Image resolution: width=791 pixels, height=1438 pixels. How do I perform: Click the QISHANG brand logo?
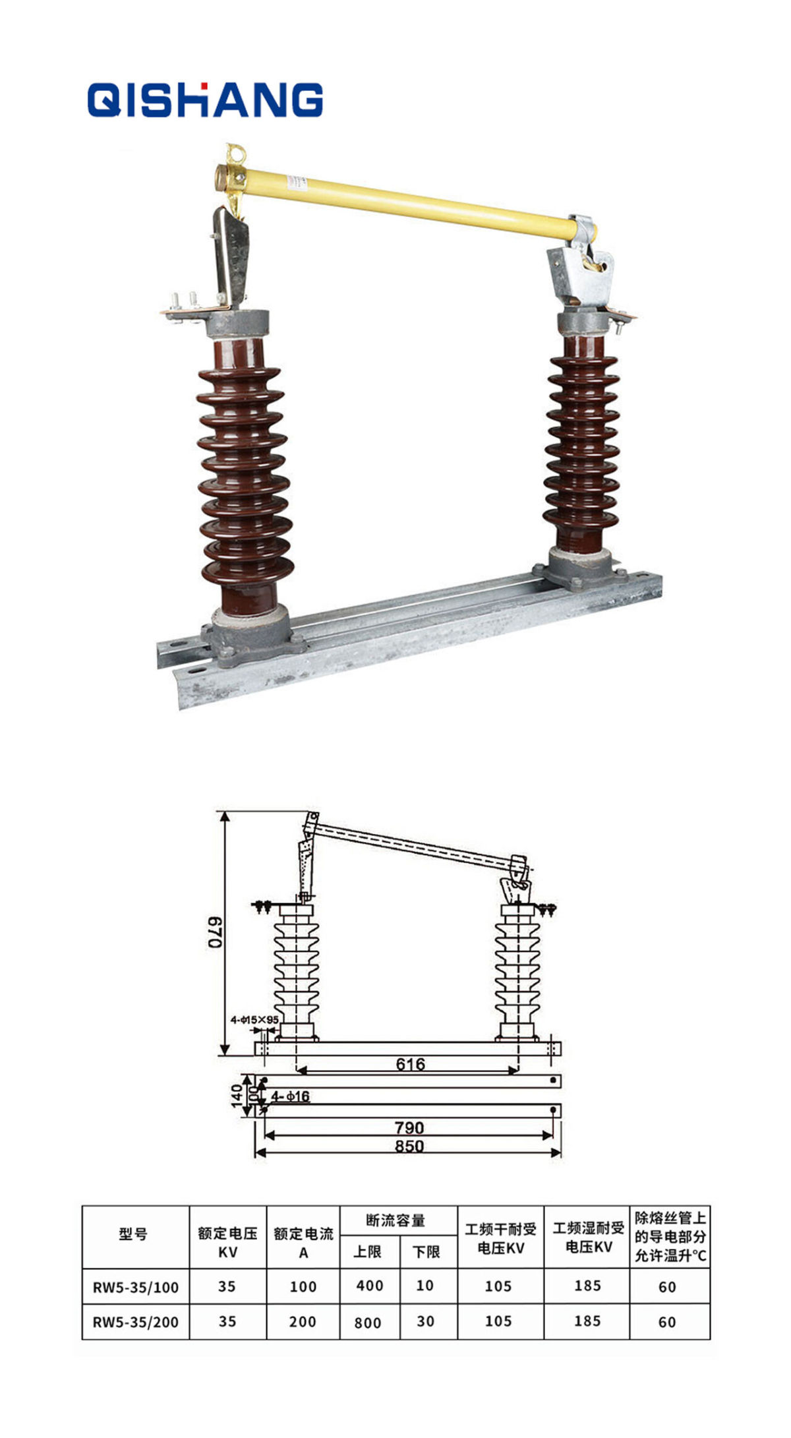pos(205,100)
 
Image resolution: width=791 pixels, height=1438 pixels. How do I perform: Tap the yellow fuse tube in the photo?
pos(405,202)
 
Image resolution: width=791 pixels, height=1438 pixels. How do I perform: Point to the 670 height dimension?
pos(216,932)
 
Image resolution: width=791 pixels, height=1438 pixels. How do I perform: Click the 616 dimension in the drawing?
pos(410,1064)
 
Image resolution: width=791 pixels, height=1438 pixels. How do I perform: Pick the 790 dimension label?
pos(409,1127)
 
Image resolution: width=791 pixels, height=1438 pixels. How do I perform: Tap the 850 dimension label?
pos(409,1146)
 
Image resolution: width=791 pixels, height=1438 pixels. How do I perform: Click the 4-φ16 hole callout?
pos(290,1096)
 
